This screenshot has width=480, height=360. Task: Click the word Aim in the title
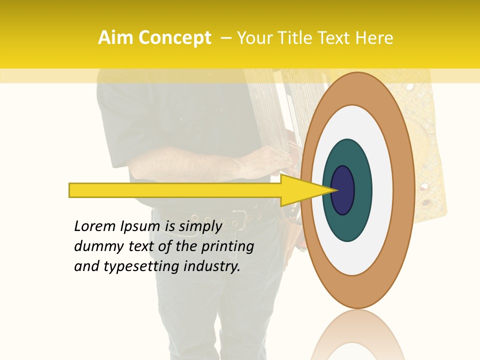click(x=115, y=38)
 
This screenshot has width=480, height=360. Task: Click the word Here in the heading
click(x=374, y=38)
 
